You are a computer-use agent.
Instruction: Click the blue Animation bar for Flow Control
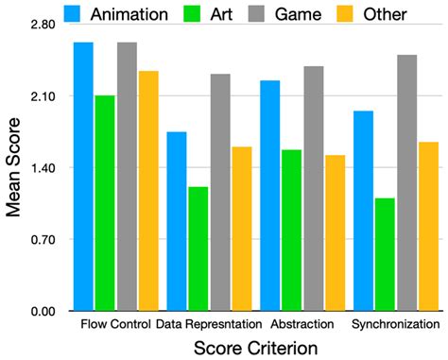[83, 177]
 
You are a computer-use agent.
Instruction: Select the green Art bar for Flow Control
[105, 203]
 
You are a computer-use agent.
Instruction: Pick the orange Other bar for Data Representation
[242, 229]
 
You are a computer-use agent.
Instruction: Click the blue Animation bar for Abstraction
[269, 196]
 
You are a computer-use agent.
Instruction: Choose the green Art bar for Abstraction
[291, 230]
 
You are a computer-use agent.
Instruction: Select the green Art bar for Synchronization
[384, 254]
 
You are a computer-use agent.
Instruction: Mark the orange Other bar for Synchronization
[428, 226]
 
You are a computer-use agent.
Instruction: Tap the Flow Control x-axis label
[116, 325]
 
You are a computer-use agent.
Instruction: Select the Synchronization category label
[395, 325]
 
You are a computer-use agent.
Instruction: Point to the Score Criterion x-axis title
[255, 348]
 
